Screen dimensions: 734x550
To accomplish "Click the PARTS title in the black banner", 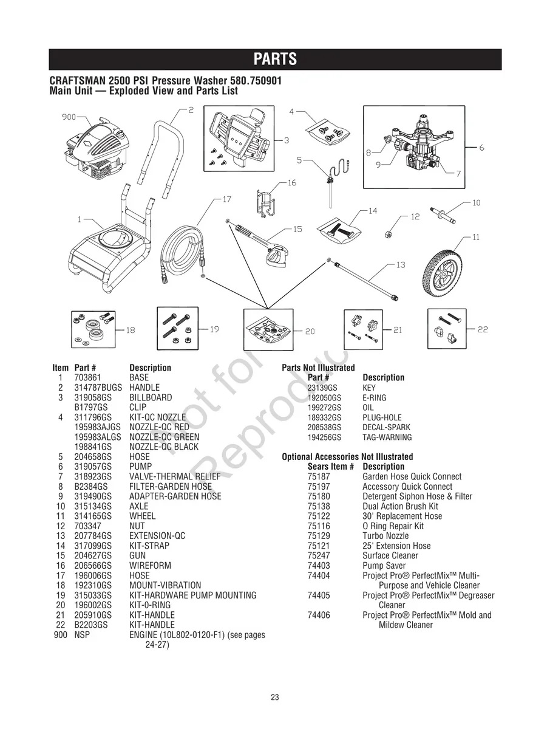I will click(275, 59).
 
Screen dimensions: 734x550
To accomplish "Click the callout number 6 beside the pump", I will click(481, 148).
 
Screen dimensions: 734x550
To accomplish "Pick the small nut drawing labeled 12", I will click(387, 234).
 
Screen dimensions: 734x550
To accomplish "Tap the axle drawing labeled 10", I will click(447, 214).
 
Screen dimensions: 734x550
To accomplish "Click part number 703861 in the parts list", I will click(87, 377).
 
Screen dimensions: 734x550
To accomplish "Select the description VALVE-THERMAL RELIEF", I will click(175, 476).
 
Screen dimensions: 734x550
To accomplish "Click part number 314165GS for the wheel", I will click(93, 516).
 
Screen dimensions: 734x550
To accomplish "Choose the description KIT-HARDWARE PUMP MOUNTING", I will click(192, 595).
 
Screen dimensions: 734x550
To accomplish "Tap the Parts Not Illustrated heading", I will click(318, 368).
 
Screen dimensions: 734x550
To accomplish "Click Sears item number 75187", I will click(319, 477).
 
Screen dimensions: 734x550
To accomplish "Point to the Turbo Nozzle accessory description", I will click(385, 536).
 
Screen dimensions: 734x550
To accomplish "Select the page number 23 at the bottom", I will click(275, 698).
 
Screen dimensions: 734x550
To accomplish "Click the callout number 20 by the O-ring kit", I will click(310, 331).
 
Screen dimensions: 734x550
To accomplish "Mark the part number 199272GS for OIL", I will click(324, 408).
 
